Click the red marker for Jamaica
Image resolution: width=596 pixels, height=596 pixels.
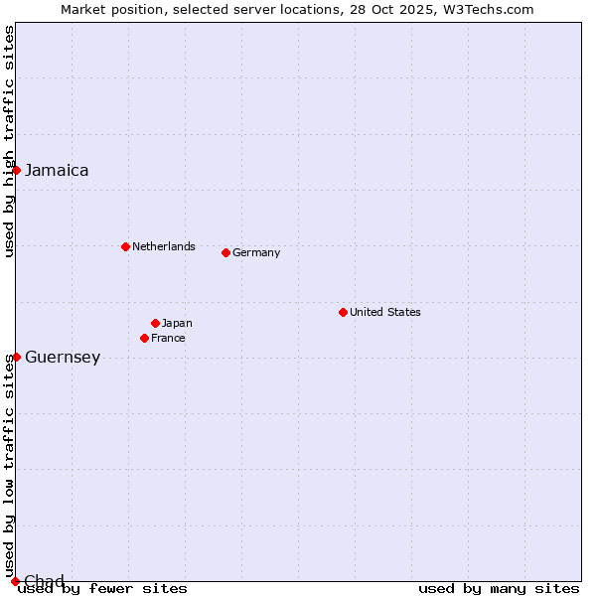[x=16, y=170]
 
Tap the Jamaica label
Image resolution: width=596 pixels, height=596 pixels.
[x=57, y=170]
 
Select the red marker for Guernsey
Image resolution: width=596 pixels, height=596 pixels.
[x=16, y=357]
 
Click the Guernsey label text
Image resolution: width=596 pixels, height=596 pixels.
[x=63, y=358]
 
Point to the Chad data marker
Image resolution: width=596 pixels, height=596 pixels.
[x=15, y=581]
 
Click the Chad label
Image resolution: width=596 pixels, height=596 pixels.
[x=44, y=581]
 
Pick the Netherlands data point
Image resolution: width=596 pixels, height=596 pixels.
[x=125, y=246]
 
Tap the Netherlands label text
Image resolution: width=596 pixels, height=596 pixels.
[x=164, y=246]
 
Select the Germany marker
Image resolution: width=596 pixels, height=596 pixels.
[x=225, y=252]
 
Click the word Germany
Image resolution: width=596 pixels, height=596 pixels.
[x=256, y=252]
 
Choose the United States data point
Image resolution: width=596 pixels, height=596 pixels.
[x=343, y=312]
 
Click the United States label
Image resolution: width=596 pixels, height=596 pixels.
[x=385, y=312]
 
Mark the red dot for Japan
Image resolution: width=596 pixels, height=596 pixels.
[x=155, y=323]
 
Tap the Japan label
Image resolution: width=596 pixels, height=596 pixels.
[x=177, y=323]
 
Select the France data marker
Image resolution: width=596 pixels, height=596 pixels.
[x=144, y=338]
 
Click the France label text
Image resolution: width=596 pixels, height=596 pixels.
[x=168, y=338]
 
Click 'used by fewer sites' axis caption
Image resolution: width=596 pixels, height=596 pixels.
[x=102, y=588]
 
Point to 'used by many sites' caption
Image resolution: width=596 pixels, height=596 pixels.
[x=499, y=588]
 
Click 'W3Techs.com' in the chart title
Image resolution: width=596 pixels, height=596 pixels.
[x=490, y=9]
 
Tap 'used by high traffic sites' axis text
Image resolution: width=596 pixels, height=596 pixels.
[x=9, y=141]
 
